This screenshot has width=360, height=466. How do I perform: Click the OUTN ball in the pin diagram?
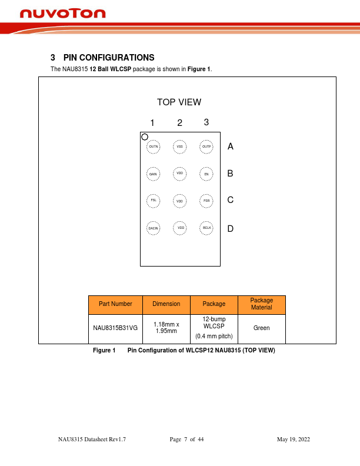click(154, 147)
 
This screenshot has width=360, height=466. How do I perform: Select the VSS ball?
click(180, 147)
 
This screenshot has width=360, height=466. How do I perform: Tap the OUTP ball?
click(206, 147)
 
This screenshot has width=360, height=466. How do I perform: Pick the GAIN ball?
click(153, 174)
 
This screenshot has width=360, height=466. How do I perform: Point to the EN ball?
click(206, 174)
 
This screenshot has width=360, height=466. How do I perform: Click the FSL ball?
click(153, 201)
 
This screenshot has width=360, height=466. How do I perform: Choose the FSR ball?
click(206, 201)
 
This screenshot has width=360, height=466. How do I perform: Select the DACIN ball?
click(153, 228)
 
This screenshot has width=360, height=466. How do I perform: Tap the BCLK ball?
click(206, 228)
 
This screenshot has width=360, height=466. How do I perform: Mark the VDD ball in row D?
click(181, 228)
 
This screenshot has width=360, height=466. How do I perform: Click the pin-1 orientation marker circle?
click(145, 137)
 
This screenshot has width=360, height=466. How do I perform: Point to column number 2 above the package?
click(180, 123)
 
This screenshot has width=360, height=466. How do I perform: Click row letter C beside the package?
click(231, 200)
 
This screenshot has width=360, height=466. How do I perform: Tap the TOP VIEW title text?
click(179, 102)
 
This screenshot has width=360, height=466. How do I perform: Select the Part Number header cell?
click(115, 304)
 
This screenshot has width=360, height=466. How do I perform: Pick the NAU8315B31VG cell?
click(115, 328)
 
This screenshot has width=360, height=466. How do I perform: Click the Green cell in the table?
click(261, 328)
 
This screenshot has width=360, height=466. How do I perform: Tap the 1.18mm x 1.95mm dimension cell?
click(166, 328)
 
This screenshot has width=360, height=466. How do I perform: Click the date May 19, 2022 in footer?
click(293, 440)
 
